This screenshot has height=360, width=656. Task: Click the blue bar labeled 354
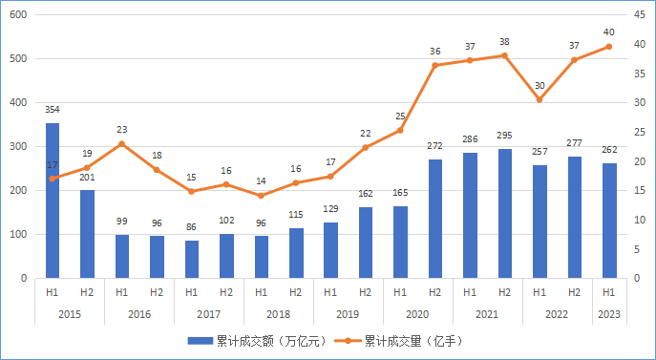tap(53, 201)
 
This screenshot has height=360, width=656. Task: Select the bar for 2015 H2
tap(87, 234)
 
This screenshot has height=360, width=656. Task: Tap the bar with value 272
tap(434, 219)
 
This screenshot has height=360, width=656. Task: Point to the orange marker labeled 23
tap(122, 144)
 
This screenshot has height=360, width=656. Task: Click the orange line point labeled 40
tap(608, 46)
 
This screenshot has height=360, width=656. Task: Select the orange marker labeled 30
tap(540, 99)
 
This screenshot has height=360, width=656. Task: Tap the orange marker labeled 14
tap(261, 196)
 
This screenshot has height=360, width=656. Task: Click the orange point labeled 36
tap(434, 65)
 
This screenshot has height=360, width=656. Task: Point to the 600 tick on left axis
tap(18, 14)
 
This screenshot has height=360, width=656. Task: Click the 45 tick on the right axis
tap(634, 14)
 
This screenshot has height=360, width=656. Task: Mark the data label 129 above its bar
tap(330, 209)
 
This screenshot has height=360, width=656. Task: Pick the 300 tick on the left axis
tap(18, 146)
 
